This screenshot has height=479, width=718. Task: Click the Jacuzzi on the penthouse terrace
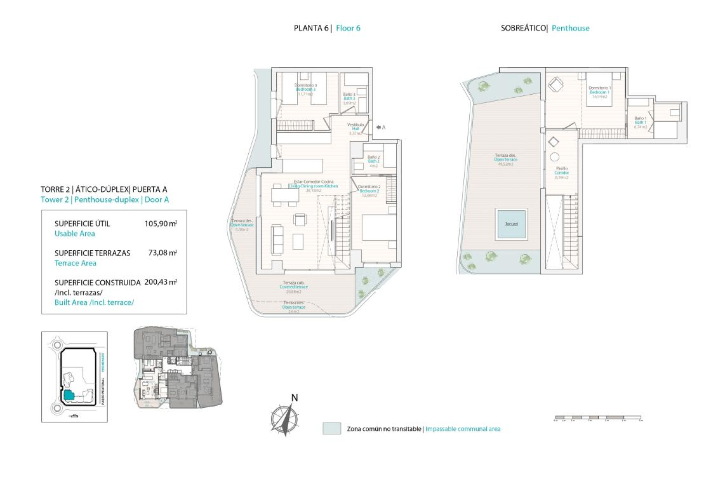click(511, 224)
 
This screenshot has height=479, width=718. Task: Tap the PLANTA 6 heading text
click(311, 28)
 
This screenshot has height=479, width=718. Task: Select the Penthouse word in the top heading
click(570, 28)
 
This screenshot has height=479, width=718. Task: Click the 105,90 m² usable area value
click(160, 224)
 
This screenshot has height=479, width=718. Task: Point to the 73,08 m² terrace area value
click(162, 253)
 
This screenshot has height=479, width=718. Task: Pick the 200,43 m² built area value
click(160, 282)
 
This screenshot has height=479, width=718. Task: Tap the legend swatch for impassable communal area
click(332, 428)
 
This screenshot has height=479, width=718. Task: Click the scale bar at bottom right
click(598, 417)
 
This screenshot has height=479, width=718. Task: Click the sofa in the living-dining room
click(277, 239)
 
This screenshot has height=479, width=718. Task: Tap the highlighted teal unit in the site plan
click(68, 395)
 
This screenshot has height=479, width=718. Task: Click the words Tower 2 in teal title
click(55, 200)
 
